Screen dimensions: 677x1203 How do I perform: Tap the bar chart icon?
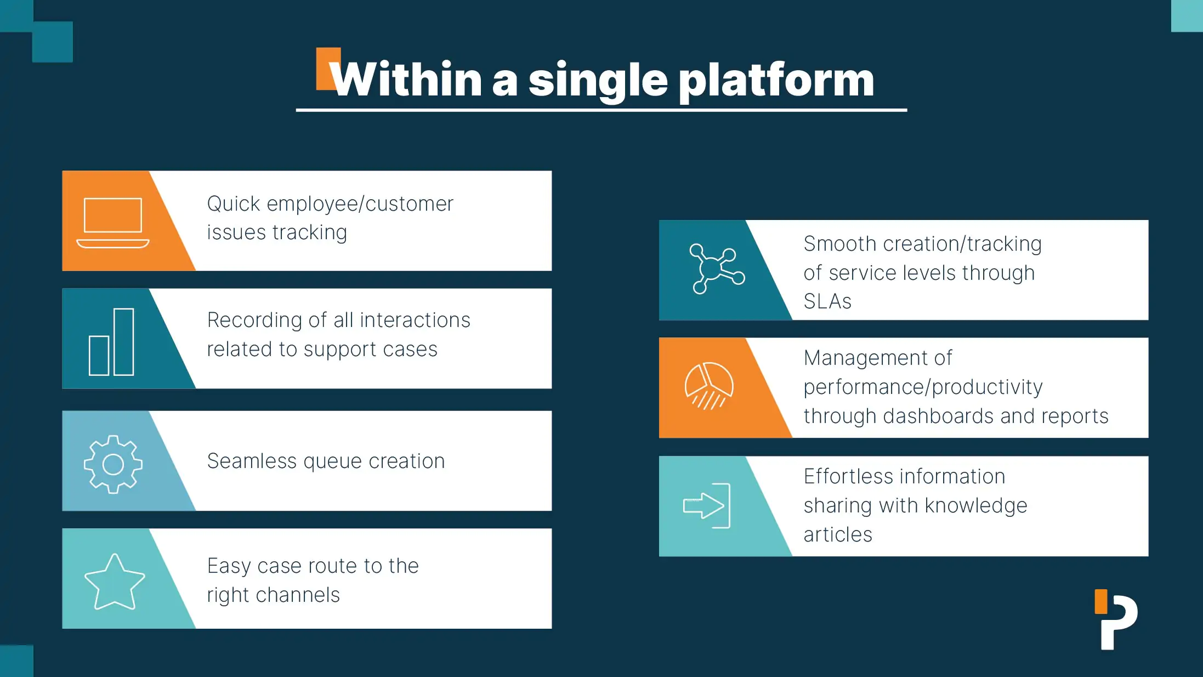112,342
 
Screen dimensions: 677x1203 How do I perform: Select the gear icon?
114,464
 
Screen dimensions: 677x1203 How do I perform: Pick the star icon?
115,582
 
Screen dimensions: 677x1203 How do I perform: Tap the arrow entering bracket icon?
707,506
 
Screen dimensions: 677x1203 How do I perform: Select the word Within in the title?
406,80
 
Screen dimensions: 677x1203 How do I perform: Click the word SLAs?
827,302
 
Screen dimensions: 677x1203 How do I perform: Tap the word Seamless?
252,461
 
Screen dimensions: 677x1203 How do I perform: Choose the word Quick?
234,204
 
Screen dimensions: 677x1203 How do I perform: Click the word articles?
838,534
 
